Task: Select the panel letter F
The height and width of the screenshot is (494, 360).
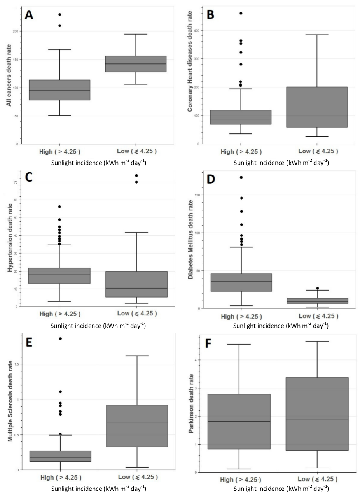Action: (x=212, y=345)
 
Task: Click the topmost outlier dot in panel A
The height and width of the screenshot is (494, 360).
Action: (x=60, y=14)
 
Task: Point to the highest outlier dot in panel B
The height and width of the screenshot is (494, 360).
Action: (x=241, y=13)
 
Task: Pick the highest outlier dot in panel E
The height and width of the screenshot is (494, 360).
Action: (x=60, y=338)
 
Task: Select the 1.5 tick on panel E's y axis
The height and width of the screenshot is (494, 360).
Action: (x=20, y=364)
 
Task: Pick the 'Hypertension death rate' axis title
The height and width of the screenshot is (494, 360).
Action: (x=8, y=241)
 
